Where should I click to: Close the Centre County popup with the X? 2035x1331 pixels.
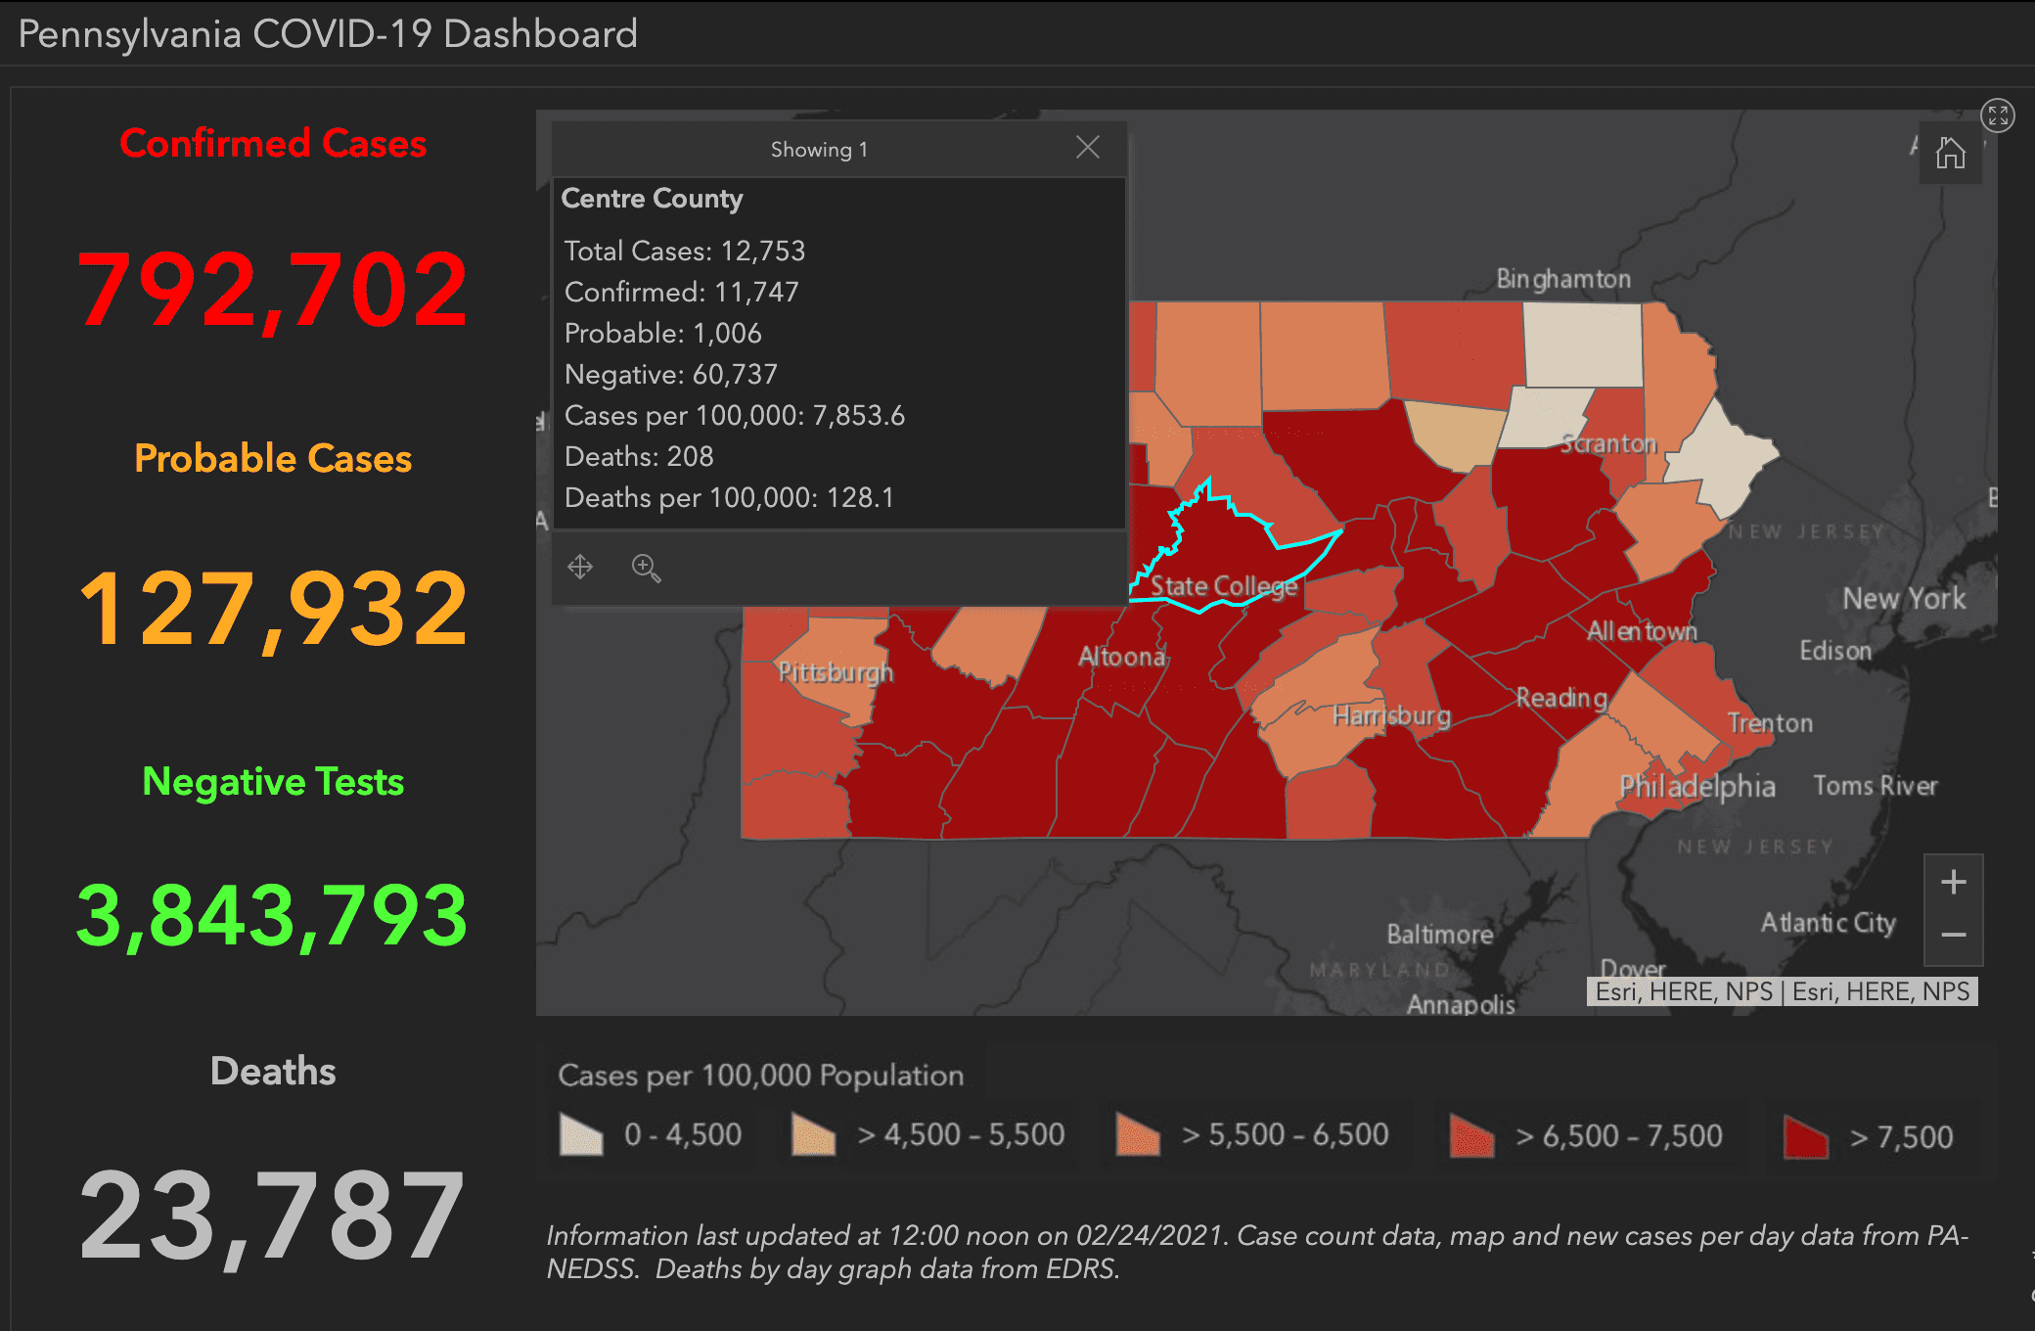[x=1087, y=148]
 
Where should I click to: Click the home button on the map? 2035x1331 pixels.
[x=1950, y=153]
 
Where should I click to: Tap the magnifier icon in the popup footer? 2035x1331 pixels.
[x=646, y=568]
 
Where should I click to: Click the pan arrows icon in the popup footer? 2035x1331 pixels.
[x=580, y=567]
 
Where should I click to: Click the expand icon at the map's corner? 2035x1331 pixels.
[x=1997, y=115]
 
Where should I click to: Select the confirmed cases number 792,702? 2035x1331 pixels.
[x=273, y=290]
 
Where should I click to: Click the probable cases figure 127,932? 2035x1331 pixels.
[x=273, y=609]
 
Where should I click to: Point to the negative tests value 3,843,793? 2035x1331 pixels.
[x=273, y=916]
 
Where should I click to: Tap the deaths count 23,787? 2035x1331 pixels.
[x=273, y=1216]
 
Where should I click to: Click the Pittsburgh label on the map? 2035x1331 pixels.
[x=836, y=672]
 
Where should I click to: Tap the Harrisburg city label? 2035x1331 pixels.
[x=1391, y=715]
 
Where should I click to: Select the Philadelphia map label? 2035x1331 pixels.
[x=1696, y=786]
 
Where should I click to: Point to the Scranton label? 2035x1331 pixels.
[x=1608, y=443]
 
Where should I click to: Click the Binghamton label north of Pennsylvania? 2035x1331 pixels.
[x=1563, y=279]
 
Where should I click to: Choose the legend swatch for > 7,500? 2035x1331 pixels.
[x=1805, y=1136]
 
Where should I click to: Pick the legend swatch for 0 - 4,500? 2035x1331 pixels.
[x=581, y=1135]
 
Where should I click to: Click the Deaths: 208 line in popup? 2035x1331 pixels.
[x=639, y=456]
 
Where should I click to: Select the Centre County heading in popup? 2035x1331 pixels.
[x=652, y=199]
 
